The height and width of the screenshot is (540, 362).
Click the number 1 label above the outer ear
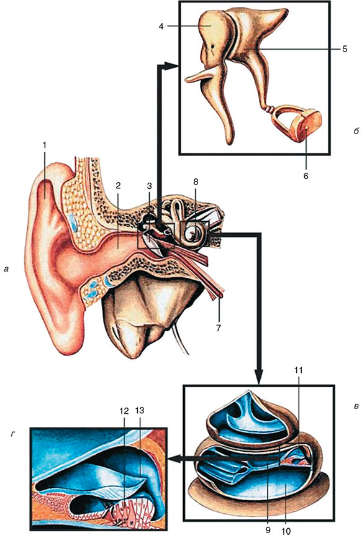[x=44, y=145]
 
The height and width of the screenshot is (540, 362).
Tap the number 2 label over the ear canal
[x=118, y=186]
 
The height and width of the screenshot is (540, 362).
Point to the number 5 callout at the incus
[x=345, y=49]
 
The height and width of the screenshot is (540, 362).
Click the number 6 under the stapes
[x=306, y=176]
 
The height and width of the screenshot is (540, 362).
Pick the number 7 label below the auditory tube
[x=219, y=327]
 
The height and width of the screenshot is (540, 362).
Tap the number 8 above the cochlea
[x=196, y=182]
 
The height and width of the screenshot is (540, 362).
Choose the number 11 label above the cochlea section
[x=298, y=370]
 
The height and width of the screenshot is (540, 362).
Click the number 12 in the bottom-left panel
[x=124, y=411]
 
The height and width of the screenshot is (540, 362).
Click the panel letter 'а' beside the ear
[x=6, y=269]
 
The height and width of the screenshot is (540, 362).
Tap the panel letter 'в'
[x=356, y=407]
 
